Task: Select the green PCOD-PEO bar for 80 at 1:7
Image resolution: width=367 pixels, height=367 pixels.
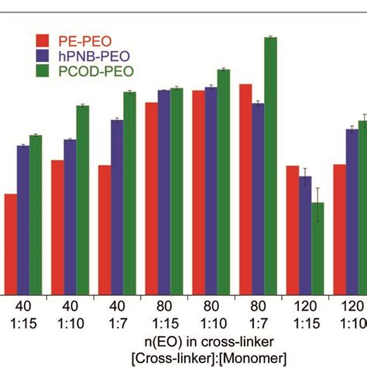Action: pos(270,163)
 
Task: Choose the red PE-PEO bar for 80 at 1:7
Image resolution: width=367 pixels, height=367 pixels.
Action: pos(245,187)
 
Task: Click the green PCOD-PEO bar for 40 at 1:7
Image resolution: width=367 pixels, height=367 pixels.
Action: pos(129,190)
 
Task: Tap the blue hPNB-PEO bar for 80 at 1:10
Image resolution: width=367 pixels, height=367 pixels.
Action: pos(211,189)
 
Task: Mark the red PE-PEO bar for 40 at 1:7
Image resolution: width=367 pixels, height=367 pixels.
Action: pos(105,228)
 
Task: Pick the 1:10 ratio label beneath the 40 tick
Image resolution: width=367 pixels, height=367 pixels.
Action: pos(70,321)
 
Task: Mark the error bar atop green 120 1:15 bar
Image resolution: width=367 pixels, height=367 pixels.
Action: pos(317,203)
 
